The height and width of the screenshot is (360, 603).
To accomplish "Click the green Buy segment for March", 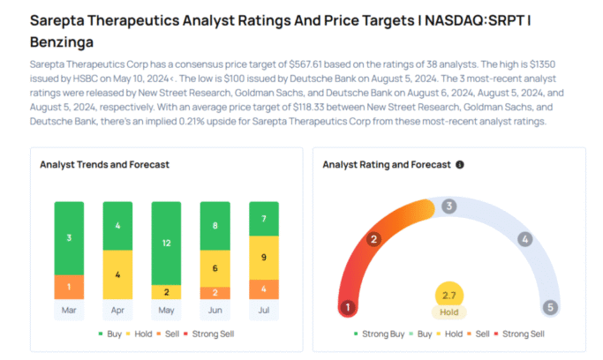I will coord(69,237).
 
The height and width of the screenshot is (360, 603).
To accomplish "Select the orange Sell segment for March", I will coord(69,286).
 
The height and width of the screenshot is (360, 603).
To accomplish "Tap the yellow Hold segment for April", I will coord(117,274).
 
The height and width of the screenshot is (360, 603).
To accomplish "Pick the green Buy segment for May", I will coord(166,243).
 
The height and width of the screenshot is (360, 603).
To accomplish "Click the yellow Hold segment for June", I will coord(215,267).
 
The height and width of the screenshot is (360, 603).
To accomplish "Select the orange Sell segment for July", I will coord(263,289).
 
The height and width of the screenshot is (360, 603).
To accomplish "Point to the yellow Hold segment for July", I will coord(263,257).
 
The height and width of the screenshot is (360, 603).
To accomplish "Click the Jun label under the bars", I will coord(215,310).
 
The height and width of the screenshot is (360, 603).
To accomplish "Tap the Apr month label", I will coord(117,310).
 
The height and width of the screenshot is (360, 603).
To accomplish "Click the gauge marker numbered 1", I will coord(348,307).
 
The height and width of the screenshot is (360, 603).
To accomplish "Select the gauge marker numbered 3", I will coord(448,206).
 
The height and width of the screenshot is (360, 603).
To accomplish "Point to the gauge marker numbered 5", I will coord(550,307).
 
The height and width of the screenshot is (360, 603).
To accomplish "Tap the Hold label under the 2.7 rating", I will coord(448,311).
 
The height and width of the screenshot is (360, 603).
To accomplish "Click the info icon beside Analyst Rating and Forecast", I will coord(459,164).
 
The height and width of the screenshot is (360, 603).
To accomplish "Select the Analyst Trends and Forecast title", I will coord(104,164).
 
